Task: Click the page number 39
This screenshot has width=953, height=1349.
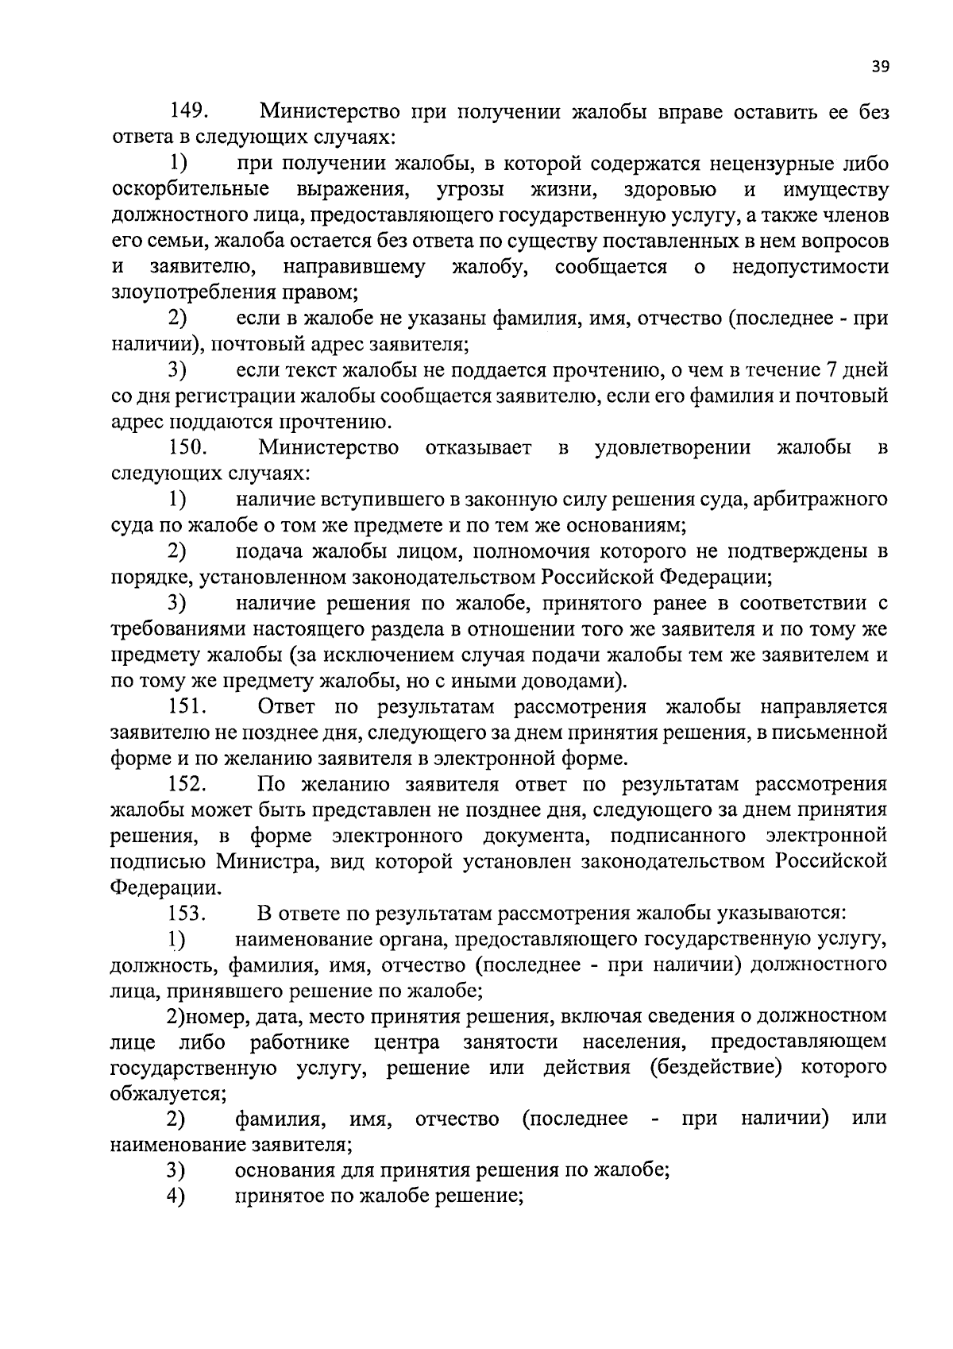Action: click(880, 67)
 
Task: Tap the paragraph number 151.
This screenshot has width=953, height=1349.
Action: click(188, 706)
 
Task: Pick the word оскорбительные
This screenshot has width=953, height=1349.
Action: click(190, 190)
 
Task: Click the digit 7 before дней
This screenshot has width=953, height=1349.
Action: click(830, 369)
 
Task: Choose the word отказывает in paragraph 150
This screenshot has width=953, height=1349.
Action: click(478, 447)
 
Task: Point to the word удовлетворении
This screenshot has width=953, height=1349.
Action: click(673, 447)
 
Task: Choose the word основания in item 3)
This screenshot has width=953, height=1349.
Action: click(283, 1170)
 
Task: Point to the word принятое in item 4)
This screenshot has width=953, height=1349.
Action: click(278, 1196)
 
